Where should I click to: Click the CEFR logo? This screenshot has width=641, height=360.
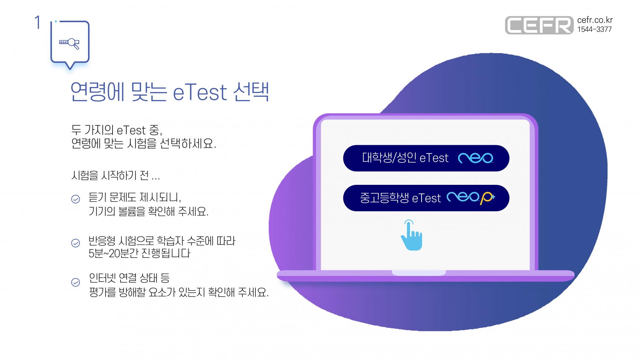coord(539,25)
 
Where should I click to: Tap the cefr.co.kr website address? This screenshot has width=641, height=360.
coord(595,20)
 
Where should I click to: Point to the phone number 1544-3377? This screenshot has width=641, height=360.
coord(595,29)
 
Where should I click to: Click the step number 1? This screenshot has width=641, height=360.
coord(37,23)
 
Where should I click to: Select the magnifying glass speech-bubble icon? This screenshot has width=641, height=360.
coord(70,43)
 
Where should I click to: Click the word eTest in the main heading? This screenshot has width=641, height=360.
coord(200,92)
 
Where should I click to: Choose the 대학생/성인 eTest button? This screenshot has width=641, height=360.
coord(426,158)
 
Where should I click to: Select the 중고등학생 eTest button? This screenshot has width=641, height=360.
coord(426,198)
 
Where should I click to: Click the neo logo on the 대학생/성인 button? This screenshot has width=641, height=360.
coord(475,158)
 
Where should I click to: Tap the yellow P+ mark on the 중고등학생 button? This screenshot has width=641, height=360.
coord(487,198)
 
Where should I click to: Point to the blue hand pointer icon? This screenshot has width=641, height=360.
coord(412,235)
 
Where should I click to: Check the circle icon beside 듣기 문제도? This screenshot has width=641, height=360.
coord(76,199)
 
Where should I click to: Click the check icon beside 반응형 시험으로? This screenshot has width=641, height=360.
coord(76,243)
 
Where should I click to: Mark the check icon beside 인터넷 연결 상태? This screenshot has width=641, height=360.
coord(76,283)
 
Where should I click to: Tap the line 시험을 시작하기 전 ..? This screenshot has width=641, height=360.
coord(116,175)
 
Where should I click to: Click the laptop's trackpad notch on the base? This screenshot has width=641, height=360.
coord(419,273)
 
